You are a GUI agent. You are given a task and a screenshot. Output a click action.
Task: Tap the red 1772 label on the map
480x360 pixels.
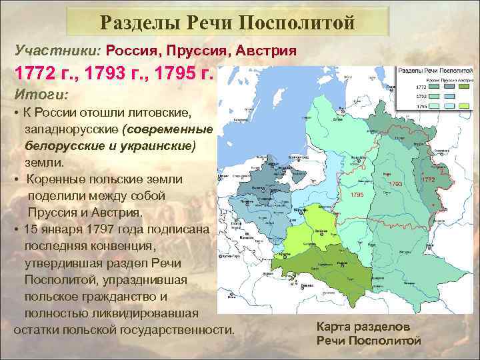point(428,179)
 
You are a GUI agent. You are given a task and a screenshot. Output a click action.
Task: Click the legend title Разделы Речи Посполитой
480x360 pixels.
point(435,70)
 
